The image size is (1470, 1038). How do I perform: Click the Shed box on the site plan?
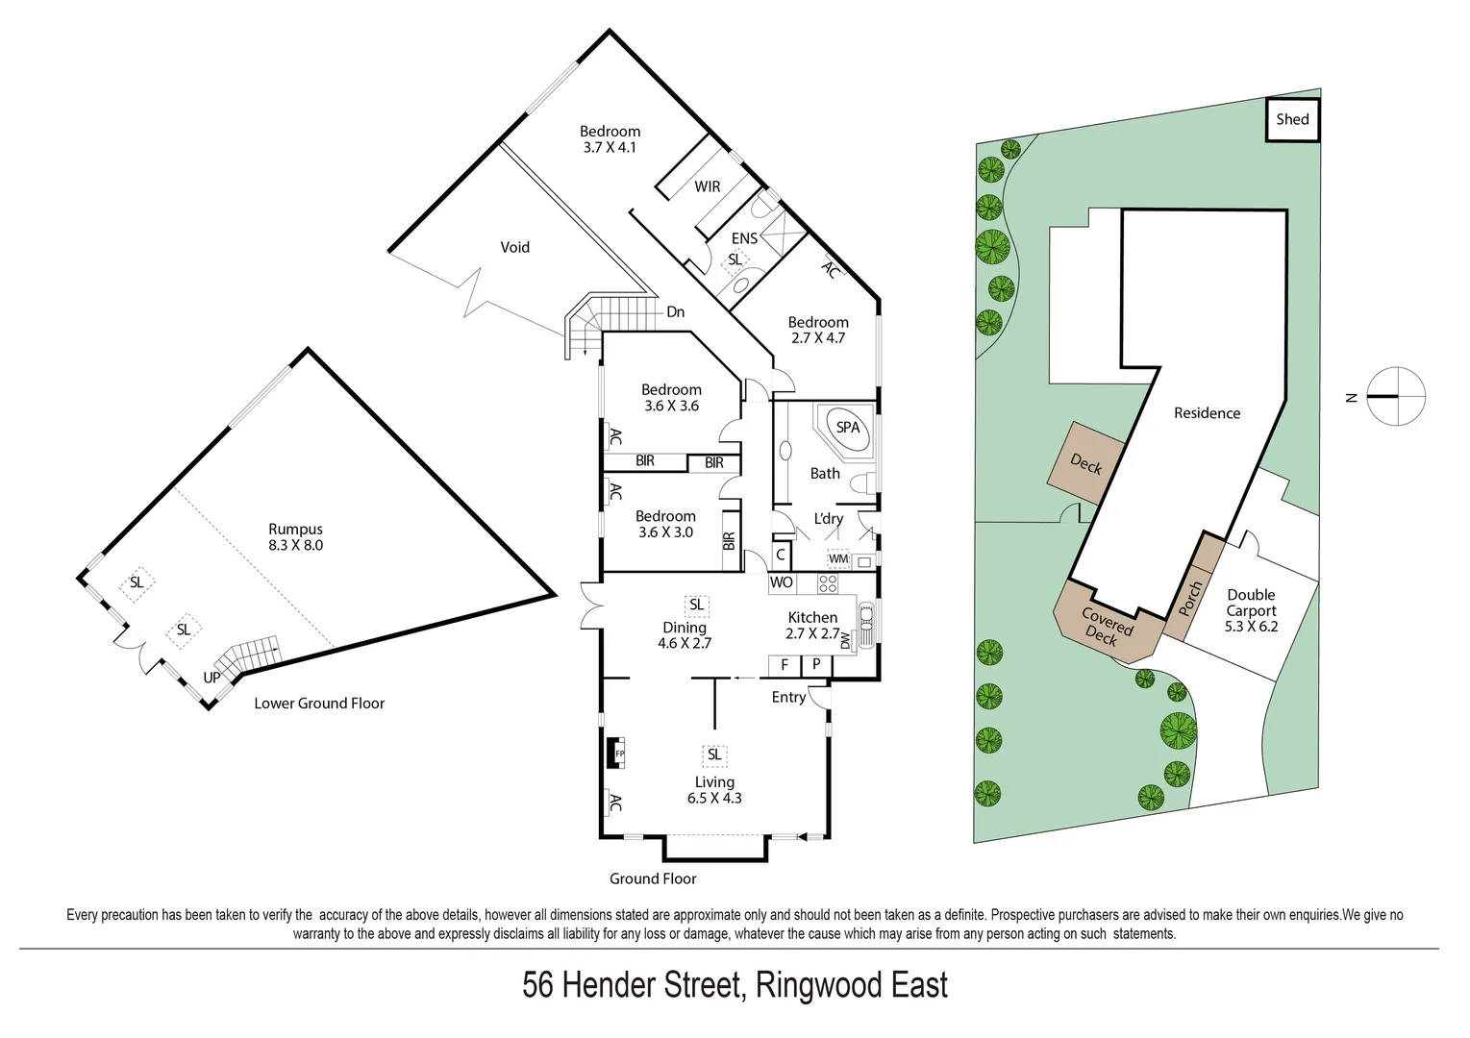click(x=1291, y=120)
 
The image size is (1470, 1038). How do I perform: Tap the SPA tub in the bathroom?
click(x=847, y=428)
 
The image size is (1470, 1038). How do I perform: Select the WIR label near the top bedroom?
click(x=707, y=186)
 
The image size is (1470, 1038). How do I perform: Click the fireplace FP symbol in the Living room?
click(x=618, y=754)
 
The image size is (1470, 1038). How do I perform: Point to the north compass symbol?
click(x=1394, y=396)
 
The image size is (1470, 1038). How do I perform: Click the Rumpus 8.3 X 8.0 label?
click(x=295, y=536)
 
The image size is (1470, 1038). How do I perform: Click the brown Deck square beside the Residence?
click(x=1085, y=464)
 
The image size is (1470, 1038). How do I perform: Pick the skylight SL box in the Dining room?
click(x=696, y=605)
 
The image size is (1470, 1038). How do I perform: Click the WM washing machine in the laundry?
click(x=838, y=558)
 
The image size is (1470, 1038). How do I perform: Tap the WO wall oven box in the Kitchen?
click(x=781, y=582)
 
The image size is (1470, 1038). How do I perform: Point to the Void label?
click(x=514, y=247)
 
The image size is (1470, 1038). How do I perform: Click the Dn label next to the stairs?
click(x=675, y=311)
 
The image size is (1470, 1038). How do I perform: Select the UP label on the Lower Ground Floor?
click(x=212, y=677)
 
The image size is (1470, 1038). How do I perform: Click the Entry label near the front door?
click(x=788, y=697)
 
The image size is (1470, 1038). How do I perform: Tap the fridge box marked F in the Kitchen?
click(x=785, y=664)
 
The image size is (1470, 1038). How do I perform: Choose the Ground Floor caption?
click(x=652, y=878)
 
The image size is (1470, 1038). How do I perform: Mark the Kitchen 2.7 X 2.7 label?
click(x=812, y=625)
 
